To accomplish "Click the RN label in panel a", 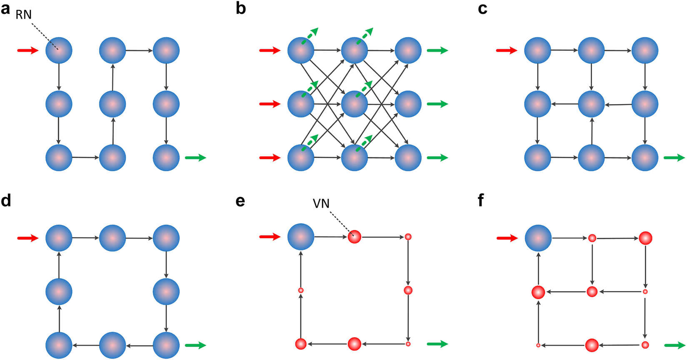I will pos(24,15).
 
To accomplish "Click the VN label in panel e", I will pos(321,204).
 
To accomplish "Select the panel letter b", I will pos(240,8).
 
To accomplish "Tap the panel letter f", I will pos(481,200).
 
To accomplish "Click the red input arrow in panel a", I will pos(27,51).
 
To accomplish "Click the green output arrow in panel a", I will pos(195,157).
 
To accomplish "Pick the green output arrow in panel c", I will pos(674,157).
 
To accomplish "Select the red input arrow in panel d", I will pos(27,238).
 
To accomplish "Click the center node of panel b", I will pos(355,104).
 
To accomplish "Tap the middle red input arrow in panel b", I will pos(270,104).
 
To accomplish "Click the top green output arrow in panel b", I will pos(437,51).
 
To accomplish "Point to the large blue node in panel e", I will pos(301,237).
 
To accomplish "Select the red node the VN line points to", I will pos(355,237).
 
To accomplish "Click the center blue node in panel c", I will pos(591,104).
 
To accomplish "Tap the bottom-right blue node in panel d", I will pos(166,345).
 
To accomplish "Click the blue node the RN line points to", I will pos(59,50).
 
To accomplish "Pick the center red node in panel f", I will pos(592,292).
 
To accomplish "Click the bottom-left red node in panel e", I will pos(301,344).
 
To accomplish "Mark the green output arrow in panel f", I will pos(674,345).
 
